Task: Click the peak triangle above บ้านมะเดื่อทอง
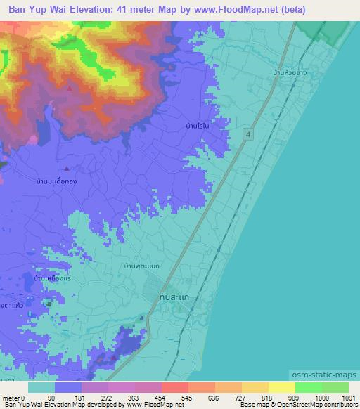[67, 169]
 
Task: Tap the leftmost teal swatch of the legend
[41, 387]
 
